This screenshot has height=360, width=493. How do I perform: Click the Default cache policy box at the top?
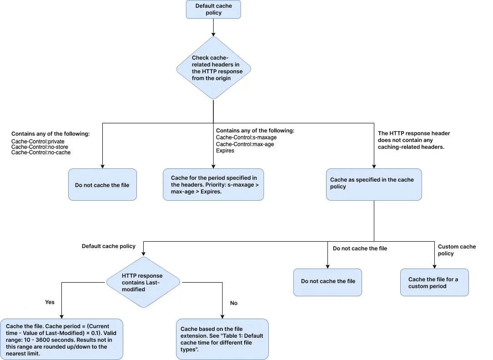(x=213, y=10)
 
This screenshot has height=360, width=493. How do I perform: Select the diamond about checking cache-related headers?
(x=213, y=68)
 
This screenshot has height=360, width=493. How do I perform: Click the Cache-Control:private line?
(x=38, y=142)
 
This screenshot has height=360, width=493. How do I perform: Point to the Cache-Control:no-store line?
(x=40, y=147)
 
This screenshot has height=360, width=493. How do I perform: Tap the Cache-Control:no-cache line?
(x=41, y=152)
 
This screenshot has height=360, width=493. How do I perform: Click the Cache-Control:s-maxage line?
(x=246, y=137)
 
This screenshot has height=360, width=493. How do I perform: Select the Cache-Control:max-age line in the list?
(x=245, y=144)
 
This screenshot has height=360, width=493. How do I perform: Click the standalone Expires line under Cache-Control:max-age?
(x=225, y=151)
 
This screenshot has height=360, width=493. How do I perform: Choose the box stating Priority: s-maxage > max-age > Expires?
(x=213, y=184)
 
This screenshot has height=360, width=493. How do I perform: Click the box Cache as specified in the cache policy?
(x=374, y=184)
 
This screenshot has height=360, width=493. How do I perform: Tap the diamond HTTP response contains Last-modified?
(x=143, y=282)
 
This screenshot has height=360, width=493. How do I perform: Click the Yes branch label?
(x=50, y=302)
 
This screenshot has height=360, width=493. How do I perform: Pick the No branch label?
(x=234, y=303)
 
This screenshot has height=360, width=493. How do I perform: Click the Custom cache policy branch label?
(x=457, y=250)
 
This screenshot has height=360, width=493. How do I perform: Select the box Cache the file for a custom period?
(x=434, y=282)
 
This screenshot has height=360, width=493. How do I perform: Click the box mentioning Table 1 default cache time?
(x=222, y=339)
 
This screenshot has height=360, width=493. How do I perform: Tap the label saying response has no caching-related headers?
(x=414, y=140)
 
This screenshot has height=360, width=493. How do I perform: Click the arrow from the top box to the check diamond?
(x=213, y=28)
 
